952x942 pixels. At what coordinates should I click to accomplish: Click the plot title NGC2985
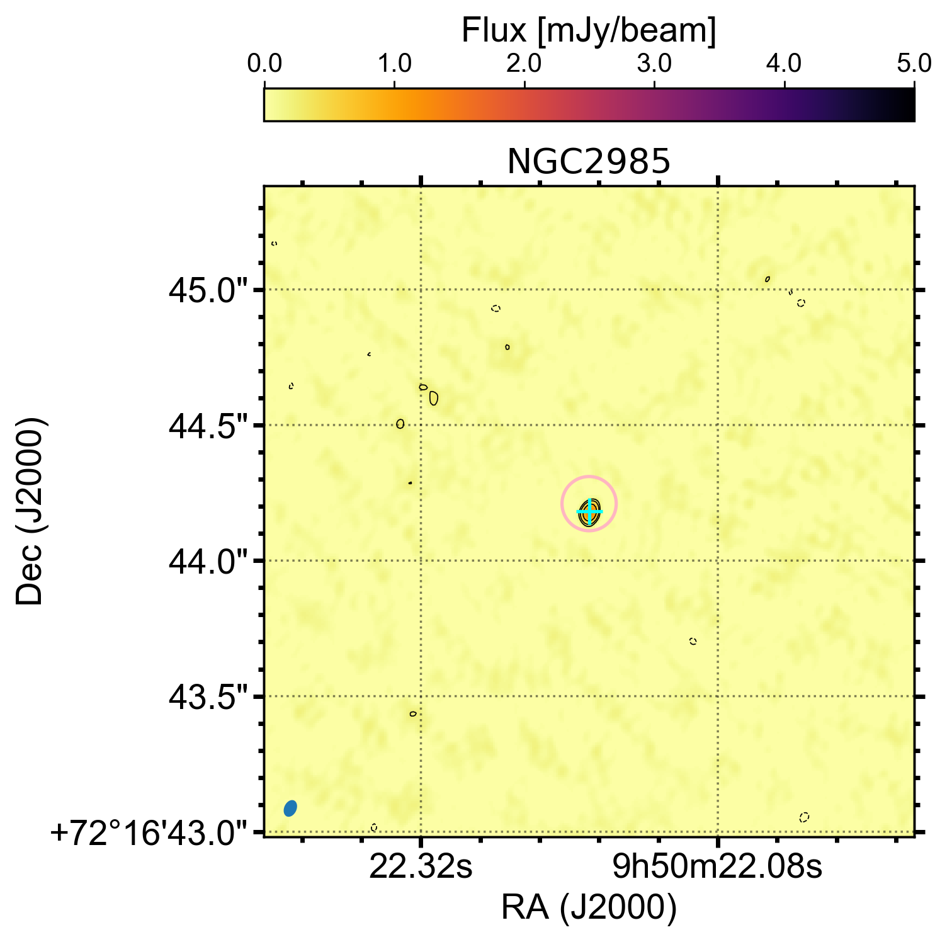point(589,162)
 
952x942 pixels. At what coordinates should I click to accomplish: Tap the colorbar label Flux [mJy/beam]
point(589,30)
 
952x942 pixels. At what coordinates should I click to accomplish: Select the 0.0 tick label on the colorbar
point(264,64)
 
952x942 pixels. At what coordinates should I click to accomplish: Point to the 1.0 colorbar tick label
point(394,64)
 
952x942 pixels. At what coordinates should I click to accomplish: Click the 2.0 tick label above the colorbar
point(524,64)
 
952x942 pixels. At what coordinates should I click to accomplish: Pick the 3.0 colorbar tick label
point(654,64)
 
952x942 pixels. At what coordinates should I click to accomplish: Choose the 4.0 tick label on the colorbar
point(785,64)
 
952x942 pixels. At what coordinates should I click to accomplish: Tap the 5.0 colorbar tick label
point(914,64)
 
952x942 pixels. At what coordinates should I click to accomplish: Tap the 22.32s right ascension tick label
point(421,868)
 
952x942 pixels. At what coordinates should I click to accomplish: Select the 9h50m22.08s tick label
point(718,868)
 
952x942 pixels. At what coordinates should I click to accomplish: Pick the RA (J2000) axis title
point(589,908)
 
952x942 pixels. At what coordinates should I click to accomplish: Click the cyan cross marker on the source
point(589,511)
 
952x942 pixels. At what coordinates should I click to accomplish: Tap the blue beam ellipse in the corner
point(290,808)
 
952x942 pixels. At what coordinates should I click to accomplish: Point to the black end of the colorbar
point(907,105)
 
